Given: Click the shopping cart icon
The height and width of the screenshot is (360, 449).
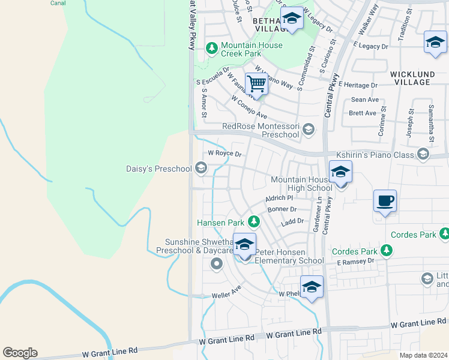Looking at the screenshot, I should point(256,84).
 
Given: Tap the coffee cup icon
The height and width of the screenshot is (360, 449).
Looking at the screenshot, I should point(385,201).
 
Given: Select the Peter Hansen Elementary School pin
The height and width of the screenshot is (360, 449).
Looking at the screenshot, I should point(244,245).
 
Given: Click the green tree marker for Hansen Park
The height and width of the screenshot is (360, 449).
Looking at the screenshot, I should point(254,223).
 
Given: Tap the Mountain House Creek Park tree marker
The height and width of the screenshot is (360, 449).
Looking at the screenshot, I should point(211,47).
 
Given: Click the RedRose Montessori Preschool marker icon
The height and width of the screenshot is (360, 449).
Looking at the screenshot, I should point(309,129).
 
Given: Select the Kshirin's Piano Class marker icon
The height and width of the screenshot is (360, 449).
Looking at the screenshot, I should point(423,155).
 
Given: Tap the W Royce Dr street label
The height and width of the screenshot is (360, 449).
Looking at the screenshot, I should point(224,154).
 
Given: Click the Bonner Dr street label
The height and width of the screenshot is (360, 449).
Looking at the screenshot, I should point(282,209).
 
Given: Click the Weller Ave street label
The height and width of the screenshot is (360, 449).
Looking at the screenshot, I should point(226,295).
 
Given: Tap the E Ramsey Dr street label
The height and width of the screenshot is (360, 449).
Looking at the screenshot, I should point(355,262).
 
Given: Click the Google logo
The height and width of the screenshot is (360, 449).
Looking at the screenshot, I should point(20,353).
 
